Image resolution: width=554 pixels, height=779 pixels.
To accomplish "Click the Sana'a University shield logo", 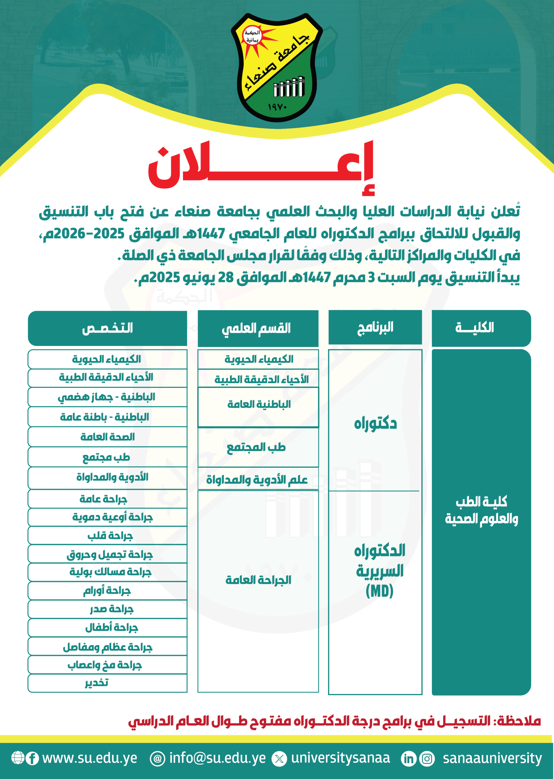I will tap(277, 67).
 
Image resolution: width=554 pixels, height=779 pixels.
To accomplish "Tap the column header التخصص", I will tap(107, 328).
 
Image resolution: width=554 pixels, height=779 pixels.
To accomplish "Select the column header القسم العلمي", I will tap(258, 328).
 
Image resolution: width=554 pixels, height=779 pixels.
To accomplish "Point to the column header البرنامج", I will tap(375, 327).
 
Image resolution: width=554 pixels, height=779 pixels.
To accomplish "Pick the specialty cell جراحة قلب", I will tap(110, 536).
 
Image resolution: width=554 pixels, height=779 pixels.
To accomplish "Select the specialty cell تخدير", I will tap(97, 683).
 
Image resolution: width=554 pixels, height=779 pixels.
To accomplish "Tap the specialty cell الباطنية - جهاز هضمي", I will tap(107, 397).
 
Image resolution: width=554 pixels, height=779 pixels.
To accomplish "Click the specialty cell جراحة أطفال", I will tap(111, 627).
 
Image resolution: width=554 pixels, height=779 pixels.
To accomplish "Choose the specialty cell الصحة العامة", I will tap(107, 437).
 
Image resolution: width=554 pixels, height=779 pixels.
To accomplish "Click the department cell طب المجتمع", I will tap(256, 447).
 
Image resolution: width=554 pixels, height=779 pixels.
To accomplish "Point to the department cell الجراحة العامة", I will tap(258, 580).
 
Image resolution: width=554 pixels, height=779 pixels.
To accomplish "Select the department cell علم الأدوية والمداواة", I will tap(257, 480).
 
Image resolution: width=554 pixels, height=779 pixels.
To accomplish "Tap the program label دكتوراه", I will tap(375, 424).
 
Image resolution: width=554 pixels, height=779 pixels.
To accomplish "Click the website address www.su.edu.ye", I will tap(90, 758).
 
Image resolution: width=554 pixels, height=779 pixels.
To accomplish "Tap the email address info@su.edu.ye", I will tap(217, 758).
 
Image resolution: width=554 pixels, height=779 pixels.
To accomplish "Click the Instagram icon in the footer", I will tap(427, 759).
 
